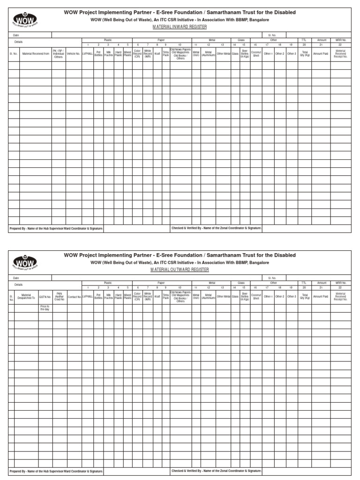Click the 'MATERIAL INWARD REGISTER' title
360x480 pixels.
click(x=180, y=27)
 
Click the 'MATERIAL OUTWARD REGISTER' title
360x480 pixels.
click(x=180, y=270)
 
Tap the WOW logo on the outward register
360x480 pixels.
click(x=26, y=262)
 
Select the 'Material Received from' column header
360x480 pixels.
click(x=36, y=53)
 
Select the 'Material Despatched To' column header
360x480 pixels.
click(x=26, y=296)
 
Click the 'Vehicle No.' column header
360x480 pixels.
click(x=74, y=53)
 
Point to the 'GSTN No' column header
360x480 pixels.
click(x=45, y=296)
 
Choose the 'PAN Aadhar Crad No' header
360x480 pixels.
click(x=60, y=296)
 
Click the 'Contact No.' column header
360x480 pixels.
click(x=74, y=296)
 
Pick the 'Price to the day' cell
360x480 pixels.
click(x=45, y=307)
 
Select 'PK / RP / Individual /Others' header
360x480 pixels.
click(x=59, y=53)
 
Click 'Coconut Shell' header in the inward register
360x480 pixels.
click(x=256, y=53)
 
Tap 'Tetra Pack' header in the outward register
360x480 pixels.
click(x=165, y=296)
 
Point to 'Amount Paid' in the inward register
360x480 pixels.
click(x=321, y=53)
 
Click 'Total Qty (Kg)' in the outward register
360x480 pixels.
click(x=305, y=296)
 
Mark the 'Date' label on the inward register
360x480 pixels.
click(x=16, y=35)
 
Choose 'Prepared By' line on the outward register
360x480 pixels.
click(x=56, y=471)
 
